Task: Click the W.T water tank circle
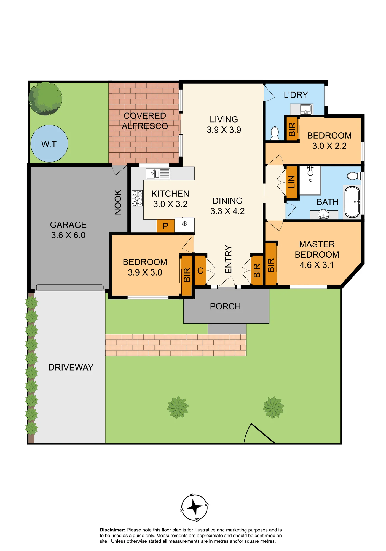click(49, 144)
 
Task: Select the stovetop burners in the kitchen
click(137, 198)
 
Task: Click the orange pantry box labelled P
click(165, 226)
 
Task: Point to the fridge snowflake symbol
click(184, 223)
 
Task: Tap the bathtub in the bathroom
click(352, 202)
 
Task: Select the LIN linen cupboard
click(292, 182)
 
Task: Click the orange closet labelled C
click(200, 271)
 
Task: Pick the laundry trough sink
click(305, 109)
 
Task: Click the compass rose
click(194, 507)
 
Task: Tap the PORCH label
click(225, 306)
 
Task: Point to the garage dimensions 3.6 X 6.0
click(68, 235)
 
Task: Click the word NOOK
click(118, 202)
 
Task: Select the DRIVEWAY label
click(71, 367)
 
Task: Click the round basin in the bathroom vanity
click(323, 214)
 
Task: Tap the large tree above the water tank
click(45, 98)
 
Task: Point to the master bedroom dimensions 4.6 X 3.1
click(317, 265)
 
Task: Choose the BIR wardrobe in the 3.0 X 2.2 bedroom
click(292, 129)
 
